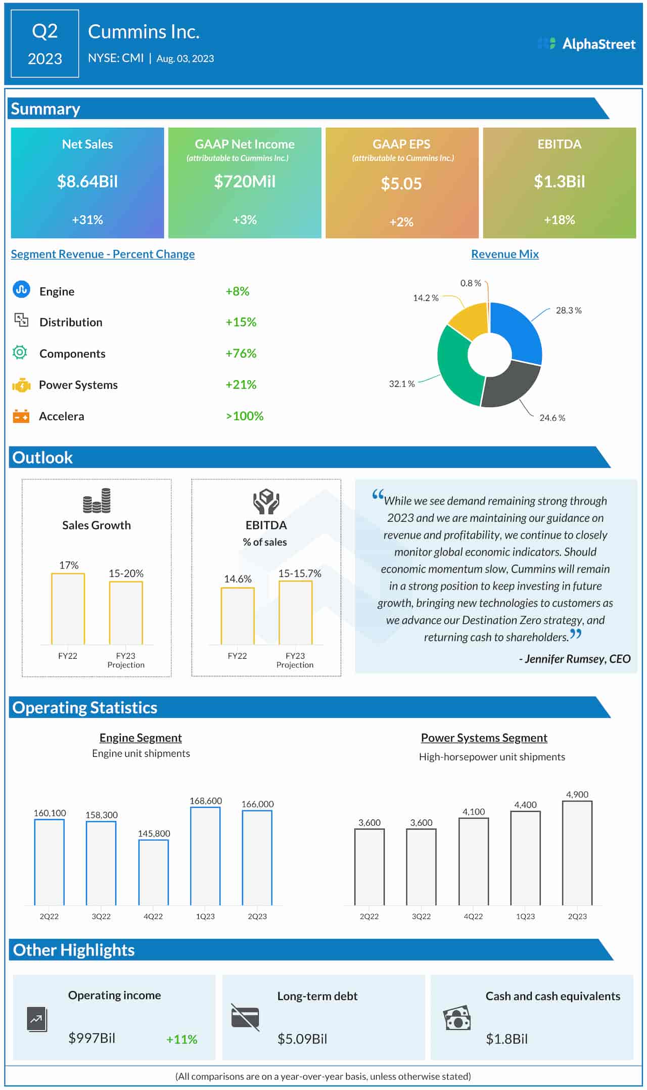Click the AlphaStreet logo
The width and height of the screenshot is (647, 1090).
(586, 44)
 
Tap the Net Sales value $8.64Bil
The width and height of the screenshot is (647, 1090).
(87, 181)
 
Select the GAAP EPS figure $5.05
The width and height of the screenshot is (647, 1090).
(401, 184)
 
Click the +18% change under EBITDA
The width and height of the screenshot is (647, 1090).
(559, 220)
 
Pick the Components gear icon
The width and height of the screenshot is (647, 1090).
(20, 352)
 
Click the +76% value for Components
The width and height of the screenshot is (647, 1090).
(241, 353)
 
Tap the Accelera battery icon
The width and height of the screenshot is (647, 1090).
(21, 416)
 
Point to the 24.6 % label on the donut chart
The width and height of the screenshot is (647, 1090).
(552, 418)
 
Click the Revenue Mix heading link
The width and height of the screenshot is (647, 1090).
(504, 254)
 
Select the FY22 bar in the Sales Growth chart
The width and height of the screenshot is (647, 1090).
(68, 609)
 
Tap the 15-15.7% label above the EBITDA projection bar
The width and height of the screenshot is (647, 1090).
(300, 573)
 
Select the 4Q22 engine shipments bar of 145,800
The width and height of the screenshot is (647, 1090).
(154, 872)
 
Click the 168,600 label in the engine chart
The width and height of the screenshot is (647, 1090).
(205, 801)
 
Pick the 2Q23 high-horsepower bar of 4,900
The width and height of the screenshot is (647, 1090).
(577, 853)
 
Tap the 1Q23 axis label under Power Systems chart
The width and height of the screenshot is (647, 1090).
(525, 916)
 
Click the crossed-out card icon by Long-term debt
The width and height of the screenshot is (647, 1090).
(245, 1017)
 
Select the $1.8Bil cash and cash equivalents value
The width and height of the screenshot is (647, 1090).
(506, 1039)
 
